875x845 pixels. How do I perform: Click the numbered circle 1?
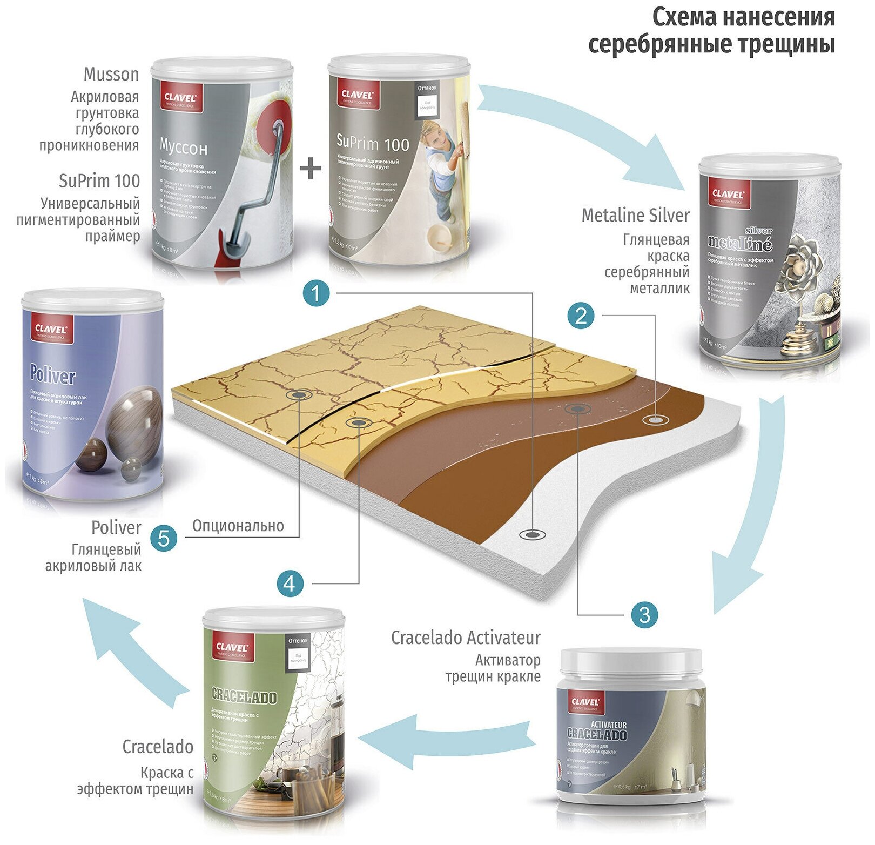317,293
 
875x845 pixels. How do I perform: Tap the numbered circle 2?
581,316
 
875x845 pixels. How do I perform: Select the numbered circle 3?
644,614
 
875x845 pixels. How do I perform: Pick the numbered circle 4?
290,584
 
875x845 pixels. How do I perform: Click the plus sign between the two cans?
311,169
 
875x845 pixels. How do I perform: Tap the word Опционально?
238,526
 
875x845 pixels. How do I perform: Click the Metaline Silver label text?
635,216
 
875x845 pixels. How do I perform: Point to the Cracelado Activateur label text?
466,638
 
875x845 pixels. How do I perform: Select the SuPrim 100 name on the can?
373,143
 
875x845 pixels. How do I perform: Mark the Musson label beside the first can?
111,75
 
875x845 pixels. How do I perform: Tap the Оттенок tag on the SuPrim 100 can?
427,88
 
